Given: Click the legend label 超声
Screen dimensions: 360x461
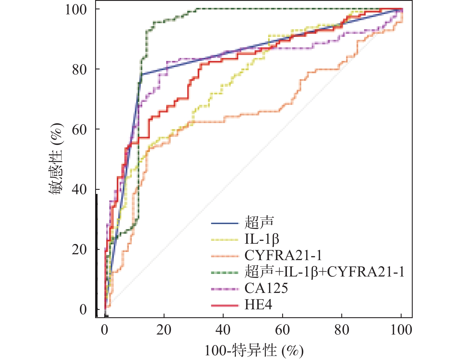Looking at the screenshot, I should [259, 223].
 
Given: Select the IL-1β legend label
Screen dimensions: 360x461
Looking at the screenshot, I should [262, 239].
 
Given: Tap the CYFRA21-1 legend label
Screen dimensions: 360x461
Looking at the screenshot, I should [283, 256].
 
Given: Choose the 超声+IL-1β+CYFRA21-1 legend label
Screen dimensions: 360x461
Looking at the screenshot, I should [324, 272].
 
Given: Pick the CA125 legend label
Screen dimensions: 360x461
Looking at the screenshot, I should [266, 289].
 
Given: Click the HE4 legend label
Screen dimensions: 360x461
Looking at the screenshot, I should [258, 305].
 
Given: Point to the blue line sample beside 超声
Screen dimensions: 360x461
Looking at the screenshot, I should [225, 223].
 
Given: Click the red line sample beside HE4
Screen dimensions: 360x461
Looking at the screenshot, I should [225, 306].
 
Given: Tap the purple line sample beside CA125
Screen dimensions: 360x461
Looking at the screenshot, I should [225, 289].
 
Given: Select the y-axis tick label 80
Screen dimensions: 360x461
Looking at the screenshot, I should [79, 70].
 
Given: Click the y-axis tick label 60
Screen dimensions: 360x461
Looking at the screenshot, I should [79, 130].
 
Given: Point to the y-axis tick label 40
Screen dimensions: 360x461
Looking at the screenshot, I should [79, 190].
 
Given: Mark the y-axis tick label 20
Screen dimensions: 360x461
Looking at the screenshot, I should [79, 250].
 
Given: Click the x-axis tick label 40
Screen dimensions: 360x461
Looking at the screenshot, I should [223, 330].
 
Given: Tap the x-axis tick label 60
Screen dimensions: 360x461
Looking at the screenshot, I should [282, 330].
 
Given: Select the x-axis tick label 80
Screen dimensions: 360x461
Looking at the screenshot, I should [342, 330].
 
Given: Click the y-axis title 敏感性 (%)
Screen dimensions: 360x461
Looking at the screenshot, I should [56, 160].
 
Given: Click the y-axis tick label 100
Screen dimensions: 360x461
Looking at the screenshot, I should [76, 10].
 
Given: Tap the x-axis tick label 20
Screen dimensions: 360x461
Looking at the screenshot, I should [164, 330].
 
